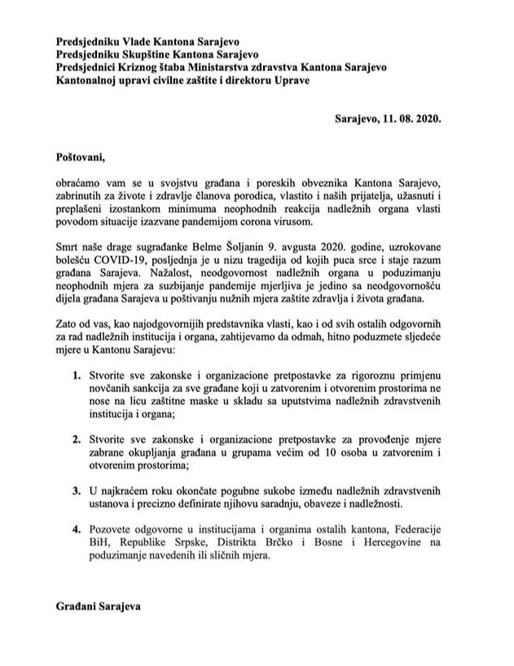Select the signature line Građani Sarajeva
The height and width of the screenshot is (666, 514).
99,607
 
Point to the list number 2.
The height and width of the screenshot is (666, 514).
74,439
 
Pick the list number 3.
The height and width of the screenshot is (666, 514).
74,491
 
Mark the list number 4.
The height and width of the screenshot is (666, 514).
74,530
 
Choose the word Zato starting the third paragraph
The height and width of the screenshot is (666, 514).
68,322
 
